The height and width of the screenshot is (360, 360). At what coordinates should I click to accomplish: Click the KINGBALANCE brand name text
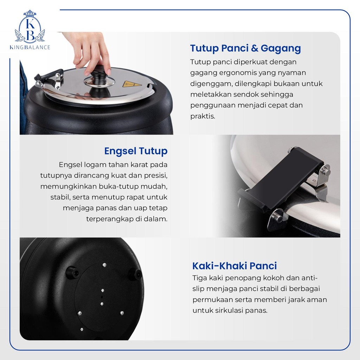click(30, 47)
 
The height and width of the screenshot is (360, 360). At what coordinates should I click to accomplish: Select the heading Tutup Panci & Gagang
click(245, 48)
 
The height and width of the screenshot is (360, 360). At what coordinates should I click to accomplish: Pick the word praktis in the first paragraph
click(203, 116)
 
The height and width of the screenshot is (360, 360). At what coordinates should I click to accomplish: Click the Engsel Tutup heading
click(136, 151)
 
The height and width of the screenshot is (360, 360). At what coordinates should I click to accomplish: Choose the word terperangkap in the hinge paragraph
click(110, 219)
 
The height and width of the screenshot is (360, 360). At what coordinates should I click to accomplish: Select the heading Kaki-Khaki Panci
click(234, 266)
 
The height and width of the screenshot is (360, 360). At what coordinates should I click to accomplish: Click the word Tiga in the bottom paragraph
click(200, 278)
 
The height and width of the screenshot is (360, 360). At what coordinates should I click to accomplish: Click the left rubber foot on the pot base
click(72, 272)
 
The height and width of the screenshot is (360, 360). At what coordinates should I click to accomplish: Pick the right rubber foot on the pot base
click(136, 274)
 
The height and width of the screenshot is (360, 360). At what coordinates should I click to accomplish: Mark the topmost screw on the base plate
click(104, 265)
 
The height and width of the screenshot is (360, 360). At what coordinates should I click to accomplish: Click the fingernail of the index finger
click(88, 73)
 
